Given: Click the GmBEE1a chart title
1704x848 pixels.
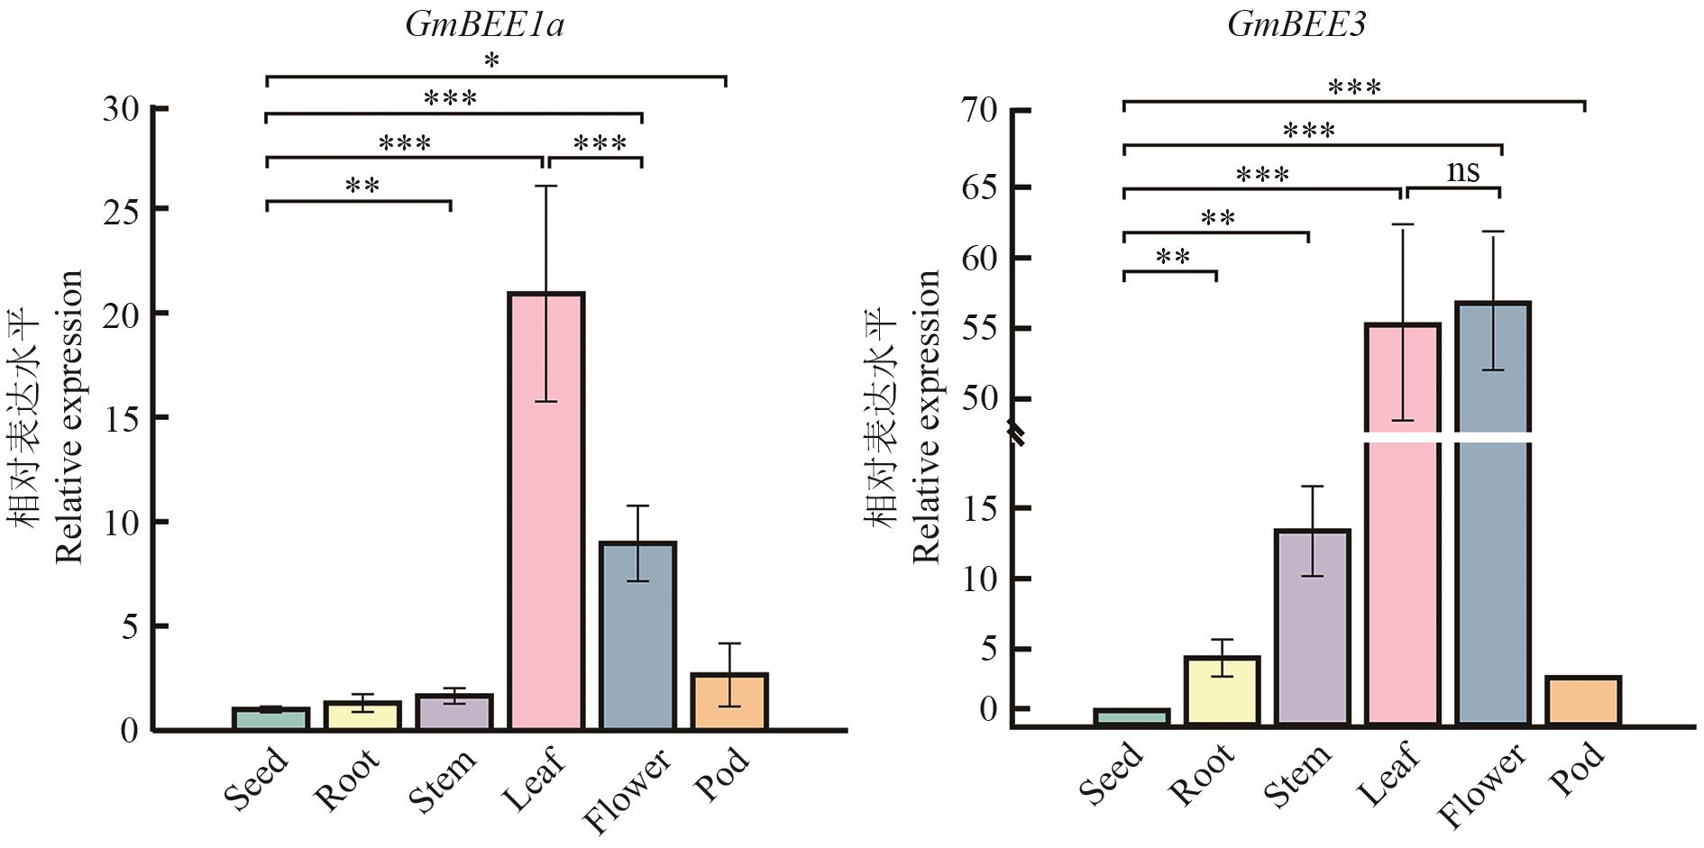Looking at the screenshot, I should tap(485, 24).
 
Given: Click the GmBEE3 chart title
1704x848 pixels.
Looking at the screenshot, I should tap(1296, 24).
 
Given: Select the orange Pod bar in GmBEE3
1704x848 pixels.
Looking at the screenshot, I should tap(1583, 700).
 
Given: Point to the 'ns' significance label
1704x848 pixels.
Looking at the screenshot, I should tap(1462, 170).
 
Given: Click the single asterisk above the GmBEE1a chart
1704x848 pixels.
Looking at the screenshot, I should tap(491, 61).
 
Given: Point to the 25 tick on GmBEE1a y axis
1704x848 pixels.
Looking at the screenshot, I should tap(123, 209).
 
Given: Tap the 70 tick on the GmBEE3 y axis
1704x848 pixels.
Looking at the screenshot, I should tap(980, 110).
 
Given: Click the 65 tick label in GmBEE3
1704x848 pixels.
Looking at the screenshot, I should tap(980, 187).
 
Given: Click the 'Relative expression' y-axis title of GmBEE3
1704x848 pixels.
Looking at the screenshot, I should tap(927, 416).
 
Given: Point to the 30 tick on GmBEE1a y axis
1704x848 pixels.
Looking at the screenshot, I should tap(123, 109).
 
